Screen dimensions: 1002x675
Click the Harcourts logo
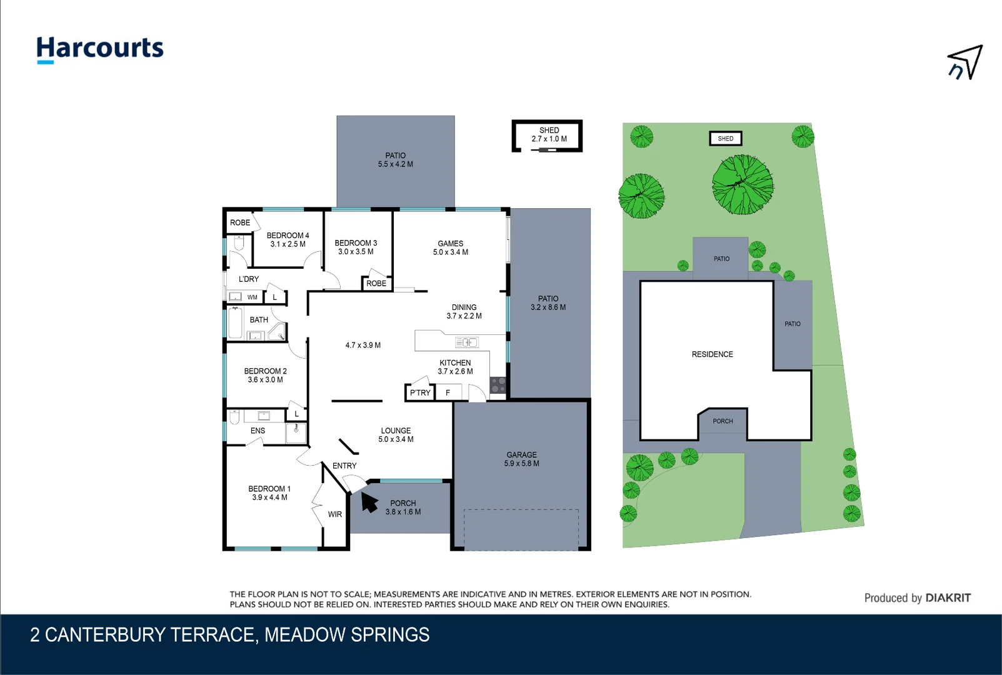pos(100,50)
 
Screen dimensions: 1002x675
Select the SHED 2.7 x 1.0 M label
pos(549,134)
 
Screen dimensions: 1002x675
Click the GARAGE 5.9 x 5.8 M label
pos(521,459)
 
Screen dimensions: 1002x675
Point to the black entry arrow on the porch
pos(369,502)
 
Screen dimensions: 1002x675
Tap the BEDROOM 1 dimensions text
pos(269,497)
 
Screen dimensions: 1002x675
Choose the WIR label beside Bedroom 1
pos(334,514)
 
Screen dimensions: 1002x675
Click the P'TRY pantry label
pos(420,392)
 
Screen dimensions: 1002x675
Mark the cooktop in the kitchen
pos(498,385)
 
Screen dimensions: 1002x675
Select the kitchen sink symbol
pos(466,342)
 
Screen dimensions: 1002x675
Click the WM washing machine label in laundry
pos(253,297)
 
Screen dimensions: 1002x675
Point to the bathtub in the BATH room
pos(235,322)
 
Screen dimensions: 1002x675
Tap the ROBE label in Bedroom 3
pos(376,283)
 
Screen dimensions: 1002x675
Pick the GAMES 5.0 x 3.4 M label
pos(451,248)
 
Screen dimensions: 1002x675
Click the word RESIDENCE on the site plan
pos(712,354)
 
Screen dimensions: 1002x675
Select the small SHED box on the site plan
pos(726,139)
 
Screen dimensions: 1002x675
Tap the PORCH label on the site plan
pos(723,421)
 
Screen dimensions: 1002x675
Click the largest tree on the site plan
pos(743,184)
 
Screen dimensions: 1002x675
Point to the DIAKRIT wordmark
pos(948,597)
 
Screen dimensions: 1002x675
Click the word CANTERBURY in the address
pos(105,635)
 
